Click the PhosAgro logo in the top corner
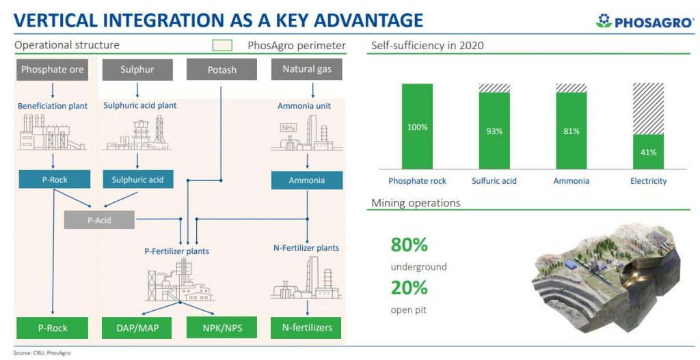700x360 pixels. (645, 21)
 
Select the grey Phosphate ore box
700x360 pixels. (52, 70)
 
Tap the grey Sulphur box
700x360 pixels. (137, 70)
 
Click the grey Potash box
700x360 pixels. (221, 70)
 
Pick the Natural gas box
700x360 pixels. (307, 70)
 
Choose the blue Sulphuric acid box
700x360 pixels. (137, 180)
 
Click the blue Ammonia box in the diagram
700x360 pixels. (307, 180)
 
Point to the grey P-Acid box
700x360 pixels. (99, 220)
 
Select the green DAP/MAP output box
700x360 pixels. (137, 328)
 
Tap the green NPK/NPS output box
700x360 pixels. (222, 328)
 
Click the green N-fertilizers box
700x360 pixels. (307, 328)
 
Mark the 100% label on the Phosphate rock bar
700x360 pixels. (418, 127)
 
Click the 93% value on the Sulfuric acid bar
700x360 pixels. (494, 131)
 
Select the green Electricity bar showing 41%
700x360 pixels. (648, 152)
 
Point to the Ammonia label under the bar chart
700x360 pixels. (571, 181)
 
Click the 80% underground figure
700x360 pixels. (409, 245)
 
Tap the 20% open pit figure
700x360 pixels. (409, 288)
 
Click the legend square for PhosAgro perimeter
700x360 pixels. (222, 46)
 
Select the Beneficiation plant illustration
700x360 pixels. (51, 132)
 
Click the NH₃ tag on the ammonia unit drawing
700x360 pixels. (288, 128)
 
